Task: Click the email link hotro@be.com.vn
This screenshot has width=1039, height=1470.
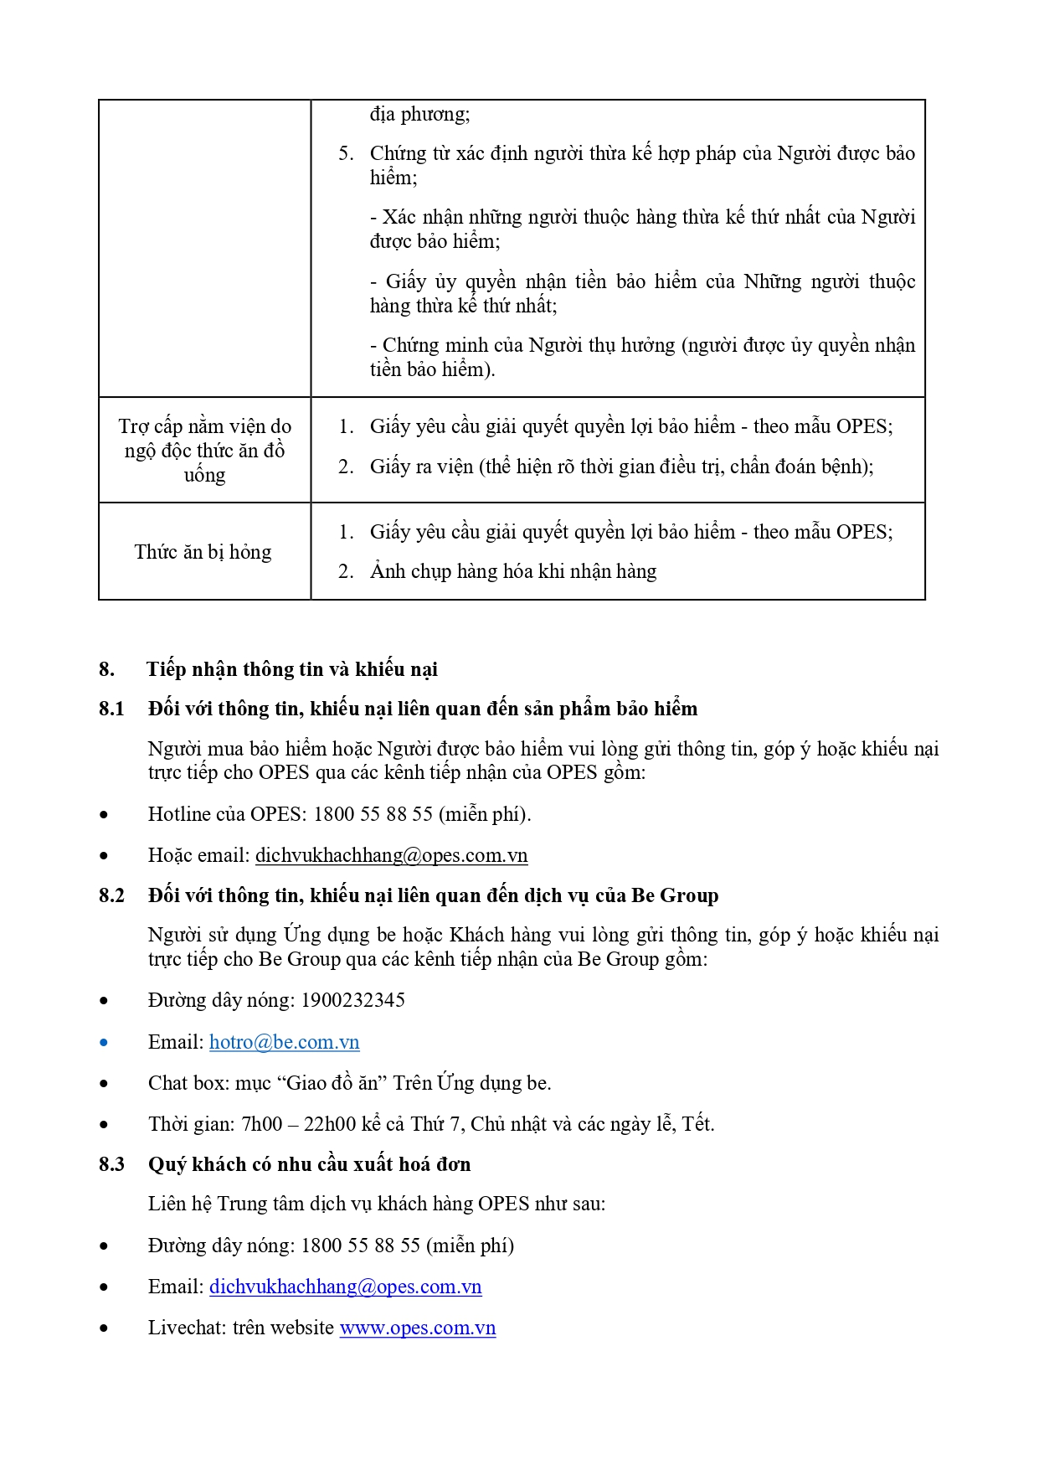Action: pyautogui.click(x=284, y=1042)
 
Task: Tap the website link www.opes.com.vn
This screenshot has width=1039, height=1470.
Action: pyautogui.click(x=417, y=1328)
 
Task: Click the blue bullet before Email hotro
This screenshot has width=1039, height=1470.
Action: pyautogui.click(x=104, y=1043)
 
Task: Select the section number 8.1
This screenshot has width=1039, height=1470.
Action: pyautogui.click(x=111, y=709)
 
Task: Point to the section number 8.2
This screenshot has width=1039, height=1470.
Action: pyautogui.click(x=111, y=895)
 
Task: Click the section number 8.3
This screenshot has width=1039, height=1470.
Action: pyautogui.click(x=111, y=1164)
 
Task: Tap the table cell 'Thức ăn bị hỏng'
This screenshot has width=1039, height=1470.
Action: pyautogui.click(x=203, y=552)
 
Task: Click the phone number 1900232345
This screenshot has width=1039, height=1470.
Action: pyautogui.click(x=352, y=1000)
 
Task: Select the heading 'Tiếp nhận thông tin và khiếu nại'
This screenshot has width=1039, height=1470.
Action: pyautogui.click(x=291, y=669)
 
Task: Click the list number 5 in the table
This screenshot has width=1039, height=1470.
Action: pyautogui.click(x=346, y=153)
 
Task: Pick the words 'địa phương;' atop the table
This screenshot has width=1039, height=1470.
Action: pyautogui.click(x=419, y=114)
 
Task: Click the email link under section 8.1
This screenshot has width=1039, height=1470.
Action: pyautogui.click(x=391, y=855)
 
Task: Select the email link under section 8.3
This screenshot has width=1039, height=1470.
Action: pyautogui.click(x=345, y=1287)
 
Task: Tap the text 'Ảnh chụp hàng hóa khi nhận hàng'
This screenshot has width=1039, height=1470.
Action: pyautogui.click(x=512, y=571)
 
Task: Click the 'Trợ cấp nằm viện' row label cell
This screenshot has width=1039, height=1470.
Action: pyautogui.click(x=204, y=451)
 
